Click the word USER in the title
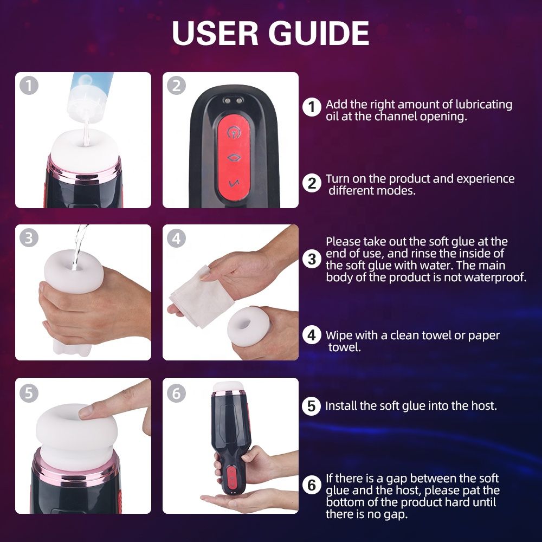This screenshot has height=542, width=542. [215, 33]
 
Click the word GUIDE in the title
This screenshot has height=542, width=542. [319, 33]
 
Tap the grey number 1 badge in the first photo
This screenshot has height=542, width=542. [29, 86]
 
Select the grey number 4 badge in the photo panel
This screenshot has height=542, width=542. [176, 238]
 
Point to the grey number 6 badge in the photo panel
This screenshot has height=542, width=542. [176, 393]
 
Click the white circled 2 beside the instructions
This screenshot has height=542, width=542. [312, 183]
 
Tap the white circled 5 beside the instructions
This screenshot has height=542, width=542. [312, 406]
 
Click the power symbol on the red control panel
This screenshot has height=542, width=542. [234, 131]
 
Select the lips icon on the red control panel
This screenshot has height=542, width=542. [234, 158]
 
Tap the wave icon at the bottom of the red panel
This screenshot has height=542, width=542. [234, 183]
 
